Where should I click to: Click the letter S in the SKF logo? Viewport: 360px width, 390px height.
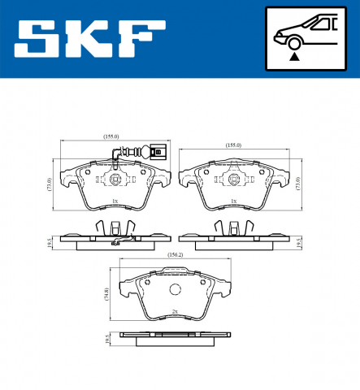click(x=37, y=38)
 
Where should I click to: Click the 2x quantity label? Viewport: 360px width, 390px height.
click(x=174, y=311)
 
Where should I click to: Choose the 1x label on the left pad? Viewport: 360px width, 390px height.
click(x=115, y=201)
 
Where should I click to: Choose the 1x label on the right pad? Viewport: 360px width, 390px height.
click(x=233, y=201)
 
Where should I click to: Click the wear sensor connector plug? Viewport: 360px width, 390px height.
click(x=156, y=151)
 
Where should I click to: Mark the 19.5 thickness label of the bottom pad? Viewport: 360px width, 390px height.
click(x=108, y=340)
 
